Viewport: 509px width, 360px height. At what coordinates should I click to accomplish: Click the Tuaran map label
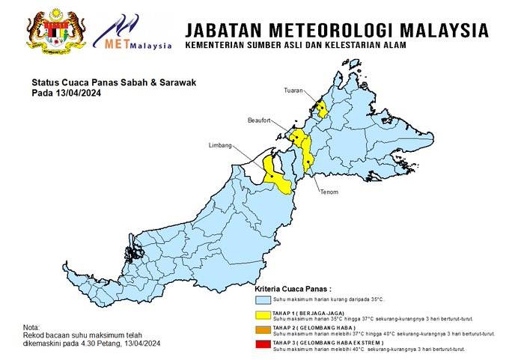coord(293,91)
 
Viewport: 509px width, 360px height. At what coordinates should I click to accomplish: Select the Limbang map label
coord(220,146)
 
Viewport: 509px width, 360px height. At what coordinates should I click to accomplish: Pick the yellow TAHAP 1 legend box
coord(263,315)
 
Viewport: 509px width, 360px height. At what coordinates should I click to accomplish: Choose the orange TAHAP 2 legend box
coord(263,330)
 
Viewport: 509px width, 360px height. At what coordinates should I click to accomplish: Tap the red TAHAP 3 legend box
coord(263,345)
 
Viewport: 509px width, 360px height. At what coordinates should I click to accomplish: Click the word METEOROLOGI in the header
coord(333,30)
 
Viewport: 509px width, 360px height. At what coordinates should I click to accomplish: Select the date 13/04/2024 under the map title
coord(79,94)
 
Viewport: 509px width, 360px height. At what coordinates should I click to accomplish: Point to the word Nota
coord(32,328)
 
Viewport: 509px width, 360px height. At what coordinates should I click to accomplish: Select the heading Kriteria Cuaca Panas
coord(293,288)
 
